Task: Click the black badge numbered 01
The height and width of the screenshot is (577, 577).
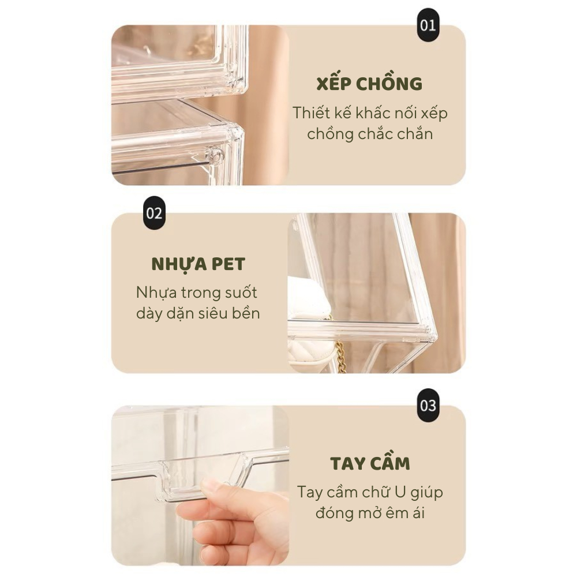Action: click(428, 25)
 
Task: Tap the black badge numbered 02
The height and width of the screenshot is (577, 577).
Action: click(154, 213)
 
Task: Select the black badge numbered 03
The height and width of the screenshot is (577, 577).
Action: click(428, 405)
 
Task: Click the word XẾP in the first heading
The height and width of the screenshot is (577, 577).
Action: click(334, 84)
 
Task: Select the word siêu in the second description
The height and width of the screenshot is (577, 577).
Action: click(213, 313)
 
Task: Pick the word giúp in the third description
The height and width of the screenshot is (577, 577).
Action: click(427, 493)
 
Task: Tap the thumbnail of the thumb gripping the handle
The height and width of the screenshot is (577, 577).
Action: click(212, 488)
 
